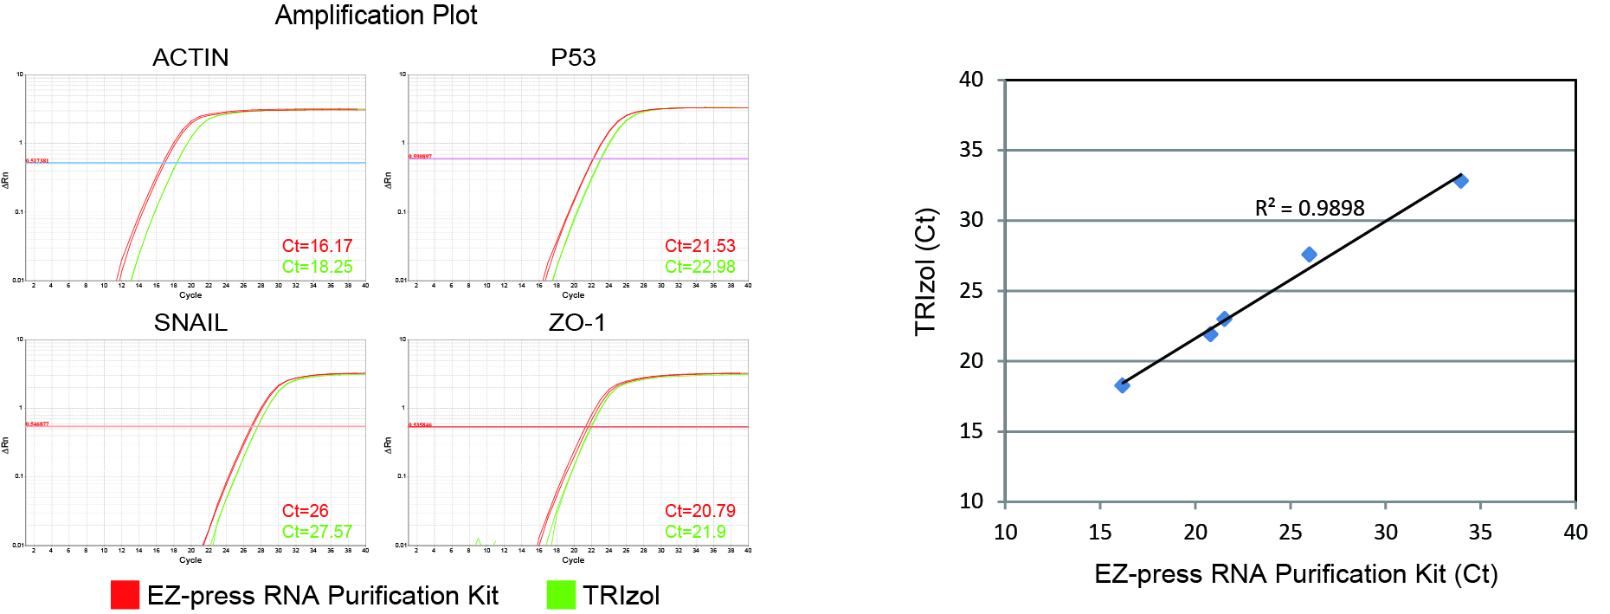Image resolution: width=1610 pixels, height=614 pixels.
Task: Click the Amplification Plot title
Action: pyautogui.click(x=376, y=16)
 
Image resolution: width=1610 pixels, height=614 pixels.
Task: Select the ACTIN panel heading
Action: pyautogui.click(x=190, y=57)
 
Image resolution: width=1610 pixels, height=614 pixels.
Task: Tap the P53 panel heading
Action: pyautogui.click(x=573, y=57)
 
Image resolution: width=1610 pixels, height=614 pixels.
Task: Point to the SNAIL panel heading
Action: pyautogui.click(x=190, y=322)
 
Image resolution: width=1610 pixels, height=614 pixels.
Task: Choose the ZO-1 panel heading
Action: pyautogui.click(x=576, y=322)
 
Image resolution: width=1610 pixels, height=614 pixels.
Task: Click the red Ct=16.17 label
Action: pyautogui.click(x=317, y=246)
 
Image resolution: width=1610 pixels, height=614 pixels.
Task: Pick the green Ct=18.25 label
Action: pyautogui.click(x=317, y=267)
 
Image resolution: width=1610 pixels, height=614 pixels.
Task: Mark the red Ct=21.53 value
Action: pyautogui.click(x=699, y=246)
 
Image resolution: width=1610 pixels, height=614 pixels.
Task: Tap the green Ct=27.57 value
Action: pyautogui.click(x=317, y=532)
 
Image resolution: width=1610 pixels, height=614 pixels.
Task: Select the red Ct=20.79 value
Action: pyautogui.click(x=699, y=511)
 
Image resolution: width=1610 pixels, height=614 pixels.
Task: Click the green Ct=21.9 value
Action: pyautogui.click(x=695, y=532)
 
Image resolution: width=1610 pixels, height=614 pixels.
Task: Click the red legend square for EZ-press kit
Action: pyautogui.click(x=125, y=595)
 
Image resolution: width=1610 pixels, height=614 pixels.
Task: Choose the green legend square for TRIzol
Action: pyautogui.click(x=561, y=595)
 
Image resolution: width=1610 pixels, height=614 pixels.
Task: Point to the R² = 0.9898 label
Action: pyautogui.click(x=1309, y=208)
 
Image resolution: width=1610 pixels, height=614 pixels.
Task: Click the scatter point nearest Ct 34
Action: pyautogui.click(x=1461, y=181)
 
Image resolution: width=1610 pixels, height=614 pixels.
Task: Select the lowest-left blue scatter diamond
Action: pyautogui.click(x=1122, y=385)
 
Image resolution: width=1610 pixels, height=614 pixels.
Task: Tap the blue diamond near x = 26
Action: pyautogui.click(x=1309, y=255)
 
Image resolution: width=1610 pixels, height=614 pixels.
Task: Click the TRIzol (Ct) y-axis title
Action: pyautogui.click(x=925, y=271)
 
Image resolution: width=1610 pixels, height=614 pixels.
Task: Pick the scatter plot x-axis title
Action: pyautogui.click(x=1295, y=574)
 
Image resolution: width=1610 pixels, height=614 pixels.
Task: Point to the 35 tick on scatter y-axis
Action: pyautogui.click(x=971, y=150)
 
